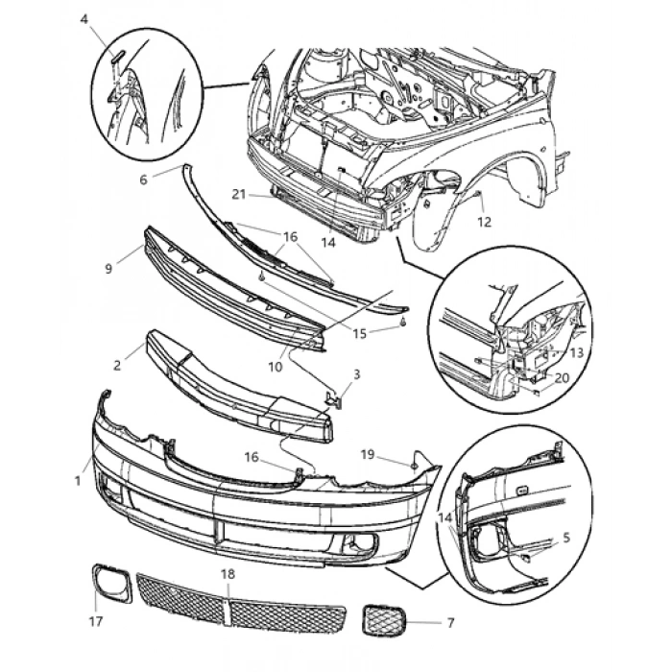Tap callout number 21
(x=239, y=194)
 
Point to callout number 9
(x=108, y=268)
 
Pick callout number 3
(x=356, y=373)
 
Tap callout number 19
(x=367, y=453)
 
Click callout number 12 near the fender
(x=484, y=222)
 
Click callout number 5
(x=565, y=539)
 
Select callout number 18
(x=227, y=573)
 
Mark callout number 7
(x=450, y=623)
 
